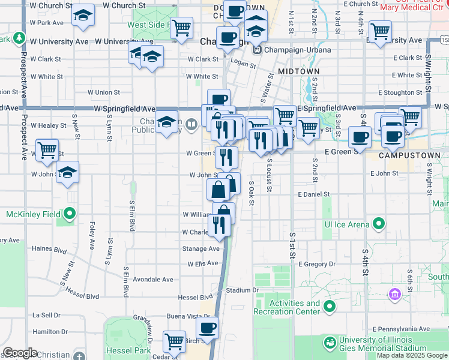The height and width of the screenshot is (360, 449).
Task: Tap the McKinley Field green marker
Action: pyautogui.click(x=70, y=214)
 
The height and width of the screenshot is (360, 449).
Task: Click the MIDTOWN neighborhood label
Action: pyautogui.click(x=298, y=71)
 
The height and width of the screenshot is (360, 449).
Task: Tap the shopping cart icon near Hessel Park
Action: pyautogui.click(x=174, y=341)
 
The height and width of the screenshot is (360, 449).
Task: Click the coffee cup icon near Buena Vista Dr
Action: pyautogui.click(x=208, y=328)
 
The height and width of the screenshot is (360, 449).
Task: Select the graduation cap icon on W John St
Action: pyautogui.click(x=68, y=173)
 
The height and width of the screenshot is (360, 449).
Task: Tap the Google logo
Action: pyautogui.click(x=19, y=353)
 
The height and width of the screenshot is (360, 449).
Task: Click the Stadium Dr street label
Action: pyautogui.click(x=242, y=290)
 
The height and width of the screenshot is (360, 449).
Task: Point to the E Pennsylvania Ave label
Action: pyautogui.click(x=400, y=329)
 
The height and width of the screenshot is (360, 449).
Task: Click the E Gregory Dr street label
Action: pyautogui.click(x=315, y=264)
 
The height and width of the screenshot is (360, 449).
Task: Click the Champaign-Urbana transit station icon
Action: pyautogui.click(x=258, y=50)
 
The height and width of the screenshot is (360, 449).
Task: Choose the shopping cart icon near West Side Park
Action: pyautogui.click(x=181, y=28)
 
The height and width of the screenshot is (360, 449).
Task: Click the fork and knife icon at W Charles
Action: pyautogui.click(x=217, y=225)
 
